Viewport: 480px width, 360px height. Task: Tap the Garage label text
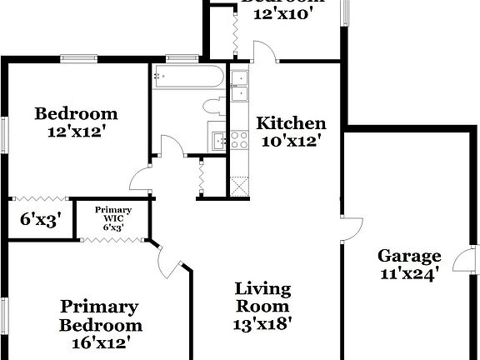pos(408,255)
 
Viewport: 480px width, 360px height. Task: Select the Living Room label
pos(262,298)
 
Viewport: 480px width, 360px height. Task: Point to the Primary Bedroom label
pos(99,316)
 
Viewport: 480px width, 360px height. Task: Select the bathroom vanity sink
pos(218,140)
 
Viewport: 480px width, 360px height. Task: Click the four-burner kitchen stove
pos(241,139)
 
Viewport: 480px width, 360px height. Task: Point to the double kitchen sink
pos(239,86)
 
